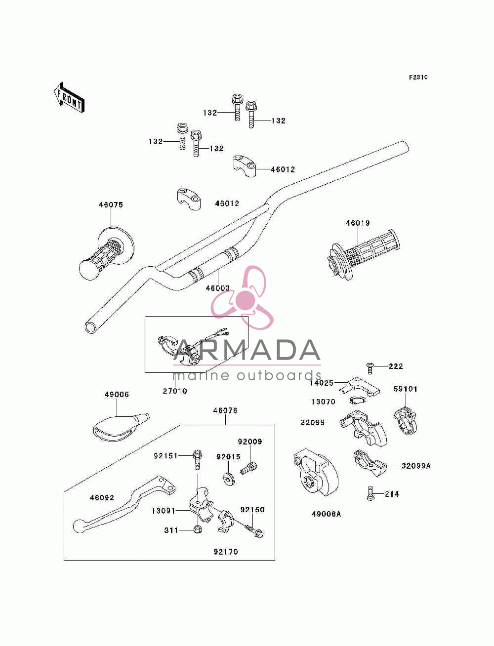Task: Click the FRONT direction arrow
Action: tap(69, 98)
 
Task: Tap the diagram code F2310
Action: tap(418, 77)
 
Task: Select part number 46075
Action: tap(111, 205)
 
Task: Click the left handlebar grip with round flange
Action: tap(106, 254)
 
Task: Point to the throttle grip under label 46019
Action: tap(363, 254)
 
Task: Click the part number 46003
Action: tap(217, 288)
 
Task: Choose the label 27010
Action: tap(175, 391)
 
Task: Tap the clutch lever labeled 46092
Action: tap(124, 504)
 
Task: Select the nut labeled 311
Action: tap(198, 530)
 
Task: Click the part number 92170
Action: tap(226, 552)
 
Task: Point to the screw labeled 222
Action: tap(370, 368)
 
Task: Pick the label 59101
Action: tap(406, 389)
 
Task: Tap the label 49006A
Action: tap(326, 514)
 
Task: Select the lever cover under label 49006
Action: tap(121, 427)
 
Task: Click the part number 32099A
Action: tap(416, 466)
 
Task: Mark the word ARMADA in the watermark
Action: tap(247, 350)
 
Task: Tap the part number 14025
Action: tap(322, 383)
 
